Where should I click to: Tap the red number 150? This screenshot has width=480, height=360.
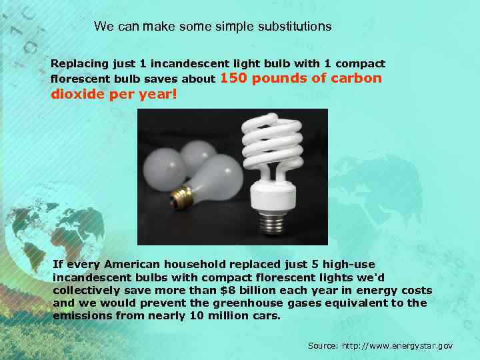click(233, 78)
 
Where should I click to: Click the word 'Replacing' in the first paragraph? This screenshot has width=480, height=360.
click(78, 64)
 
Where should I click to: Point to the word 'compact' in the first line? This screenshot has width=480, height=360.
click(361, 64)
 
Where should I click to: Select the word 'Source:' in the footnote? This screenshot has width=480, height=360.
click(323, 346)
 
